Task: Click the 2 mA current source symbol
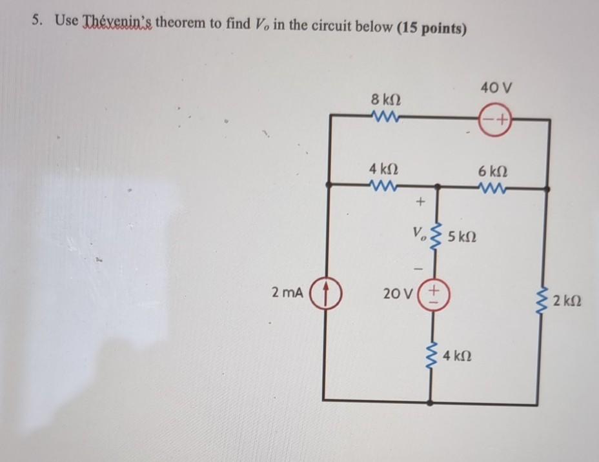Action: point(327,294)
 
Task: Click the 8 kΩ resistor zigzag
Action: point(386,118)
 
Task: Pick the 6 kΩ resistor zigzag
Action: point(494,188)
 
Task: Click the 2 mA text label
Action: point(287,294)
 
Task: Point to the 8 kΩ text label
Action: point(386,100)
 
